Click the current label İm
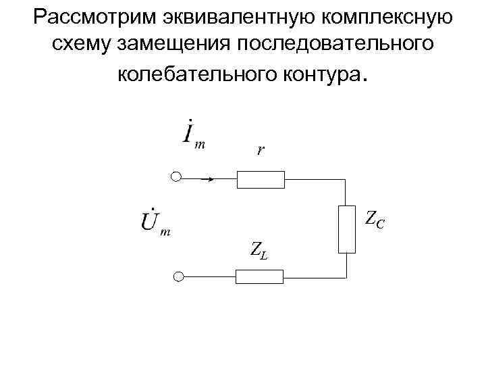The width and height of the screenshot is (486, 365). tap(194, 134)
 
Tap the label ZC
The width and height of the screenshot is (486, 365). tap(375, 218)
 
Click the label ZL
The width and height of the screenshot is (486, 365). tap(257, 251)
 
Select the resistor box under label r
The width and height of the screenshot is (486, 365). tap(261, 179)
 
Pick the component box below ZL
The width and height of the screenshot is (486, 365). tap(260, 276)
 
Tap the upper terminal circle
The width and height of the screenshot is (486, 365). tap(177, 178)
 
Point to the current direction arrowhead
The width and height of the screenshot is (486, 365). tap(211, 179)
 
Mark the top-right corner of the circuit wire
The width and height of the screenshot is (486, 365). tap(346, 180)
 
